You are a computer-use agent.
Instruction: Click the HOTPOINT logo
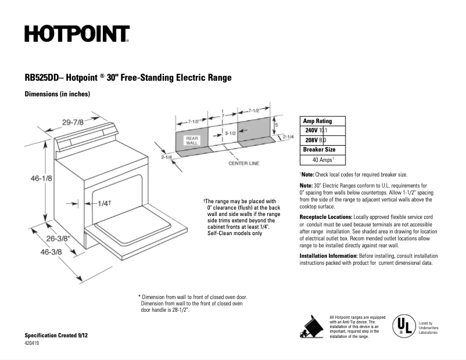[76, 34]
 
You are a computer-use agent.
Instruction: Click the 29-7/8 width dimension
[73, 122]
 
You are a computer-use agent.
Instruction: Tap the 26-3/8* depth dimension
[58, 238]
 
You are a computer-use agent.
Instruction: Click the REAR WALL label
[192, 140]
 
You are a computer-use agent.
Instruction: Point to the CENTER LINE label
[243, 164]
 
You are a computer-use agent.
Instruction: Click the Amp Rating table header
[317, 121]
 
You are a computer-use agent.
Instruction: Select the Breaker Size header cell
[320, 149]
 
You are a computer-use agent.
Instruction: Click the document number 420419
[33, 344]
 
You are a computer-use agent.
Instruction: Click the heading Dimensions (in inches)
[57, 94]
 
